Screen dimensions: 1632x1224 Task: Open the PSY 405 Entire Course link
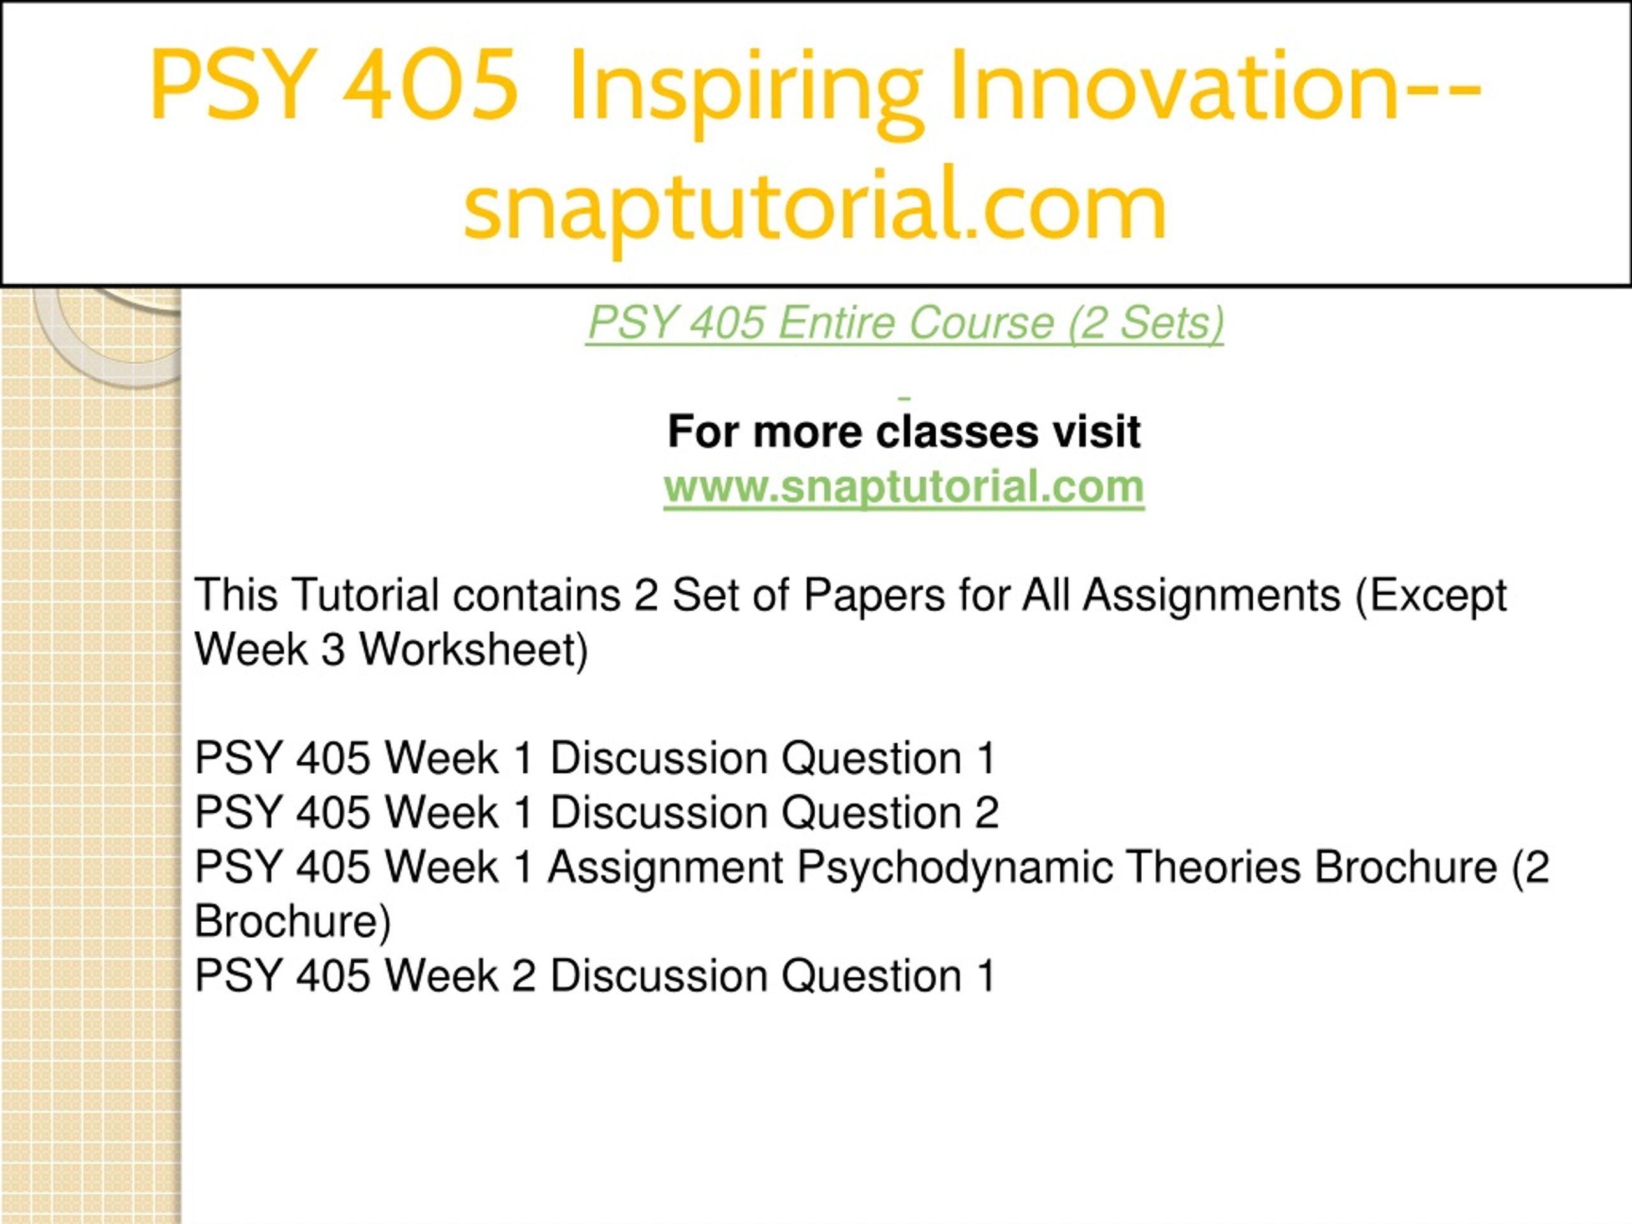pos(905,323)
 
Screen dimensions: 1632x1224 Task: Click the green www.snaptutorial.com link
pos(904,487)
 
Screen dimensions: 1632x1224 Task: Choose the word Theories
pos(1214,866)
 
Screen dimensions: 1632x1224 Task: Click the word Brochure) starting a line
pos(292,921)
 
